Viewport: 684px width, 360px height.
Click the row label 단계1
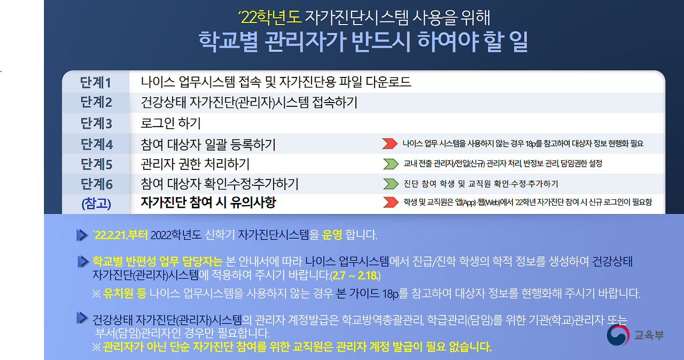(96, 83)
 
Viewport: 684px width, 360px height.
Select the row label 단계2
(96, 103)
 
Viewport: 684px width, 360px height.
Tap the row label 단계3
(96, 123)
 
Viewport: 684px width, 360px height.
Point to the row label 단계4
(96, 144)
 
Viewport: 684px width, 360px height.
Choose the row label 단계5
(96, 164)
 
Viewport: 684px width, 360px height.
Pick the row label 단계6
(96, 184)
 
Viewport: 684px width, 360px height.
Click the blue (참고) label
(96, 204)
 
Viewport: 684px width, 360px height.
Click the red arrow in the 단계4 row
(390, 144)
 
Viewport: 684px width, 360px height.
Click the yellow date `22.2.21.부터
(120, 235)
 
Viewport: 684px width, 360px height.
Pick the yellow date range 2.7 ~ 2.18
(355, 276)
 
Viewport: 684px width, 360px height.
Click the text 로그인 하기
(171, 123)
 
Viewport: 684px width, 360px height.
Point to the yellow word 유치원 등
(125, 293)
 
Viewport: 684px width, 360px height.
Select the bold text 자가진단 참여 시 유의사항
(208, 203)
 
